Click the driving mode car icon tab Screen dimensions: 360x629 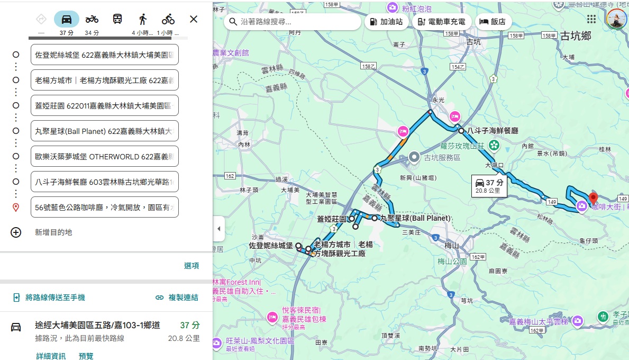[67, 20]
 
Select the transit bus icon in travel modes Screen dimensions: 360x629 [117, 20]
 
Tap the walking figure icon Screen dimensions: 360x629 [143, 20]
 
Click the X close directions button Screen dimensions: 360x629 [194, 20]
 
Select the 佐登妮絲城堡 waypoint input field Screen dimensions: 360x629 [105, 55]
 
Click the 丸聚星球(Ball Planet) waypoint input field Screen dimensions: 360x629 [105, 131]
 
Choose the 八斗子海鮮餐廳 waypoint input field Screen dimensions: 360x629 [105, 182]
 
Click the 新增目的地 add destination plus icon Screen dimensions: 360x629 [16, 232]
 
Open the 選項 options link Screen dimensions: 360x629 [192, 266]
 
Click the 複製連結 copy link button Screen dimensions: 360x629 [177, 298]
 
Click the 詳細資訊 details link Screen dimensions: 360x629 [51, 356]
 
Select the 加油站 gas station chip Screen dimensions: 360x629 [385, 22]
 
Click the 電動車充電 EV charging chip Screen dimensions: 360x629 [441, 22]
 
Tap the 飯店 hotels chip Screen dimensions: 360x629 [493, 22]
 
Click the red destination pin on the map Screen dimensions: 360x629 [593, 199]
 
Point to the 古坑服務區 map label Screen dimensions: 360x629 [442, 158]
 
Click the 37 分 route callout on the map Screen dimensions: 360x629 [489, 186]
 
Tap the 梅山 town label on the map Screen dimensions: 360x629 [451, 245]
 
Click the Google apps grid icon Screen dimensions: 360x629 [591, 19]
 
